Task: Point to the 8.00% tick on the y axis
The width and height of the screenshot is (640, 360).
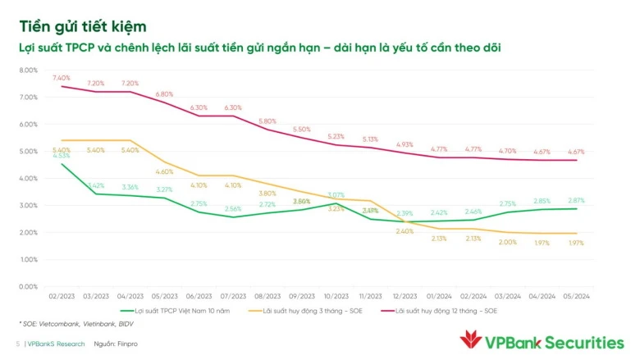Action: (27, 71)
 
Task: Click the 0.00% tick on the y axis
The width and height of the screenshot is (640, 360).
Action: (27, 286)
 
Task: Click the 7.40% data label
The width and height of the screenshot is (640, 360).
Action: (62, 78)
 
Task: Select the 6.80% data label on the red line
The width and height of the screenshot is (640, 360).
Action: (165, 94)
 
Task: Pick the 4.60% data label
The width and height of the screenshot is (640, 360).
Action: (165, 171)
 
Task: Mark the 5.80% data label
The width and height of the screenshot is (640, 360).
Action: (267, 121)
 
